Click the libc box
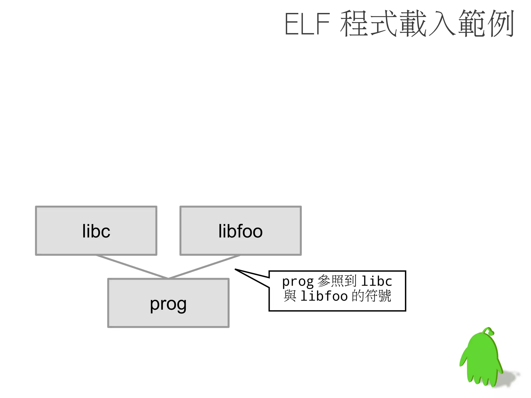pos(96,231)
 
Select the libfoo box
pos(240,231)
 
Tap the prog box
pos(168,303)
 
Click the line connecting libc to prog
pos(132,267)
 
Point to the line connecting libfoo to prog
pos(204,267)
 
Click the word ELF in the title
pos(307,24)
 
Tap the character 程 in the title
pos(355,24)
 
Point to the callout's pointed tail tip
pos(235,269)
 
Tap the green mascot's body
pos(482,358)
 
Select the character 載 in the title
pos(413,24)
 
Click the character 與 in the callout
pos(290,296)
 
